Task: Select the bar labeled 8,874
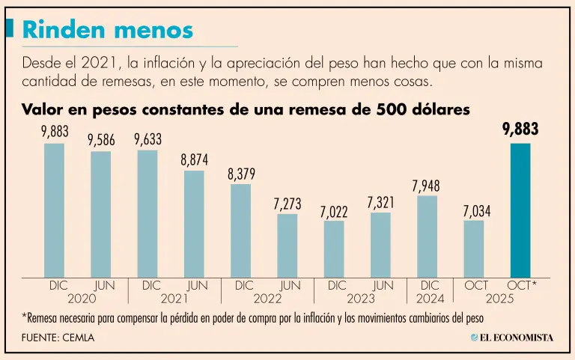pyautogui.click(x=194, y=224)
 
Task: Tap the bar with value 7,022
pyautogui.click(x=334, y=248)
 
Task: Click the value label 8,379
pyautogui.click(x=242, y=174)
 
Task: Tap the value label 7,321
pyautogui.click(x=380, y=203)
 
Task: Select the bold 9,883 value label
pyautogui.click(x=520, y=130)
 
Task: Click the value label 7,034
pyautogui.click(x=476, y=211)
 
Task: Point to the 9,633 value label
pyautogui.click(x=147, y=139)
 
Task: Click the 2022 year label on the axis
pyautogui.click(x=267, y=298)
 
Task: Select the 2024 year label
pyautogui.click(x=430, y=298)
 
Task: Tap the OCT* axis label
pyautogui.click(x=522, y=285)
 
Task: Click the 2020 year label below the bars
pyautogui.click(x=82, y=298)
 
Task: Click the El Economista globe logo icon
pyautogui.click(x=474, y=338)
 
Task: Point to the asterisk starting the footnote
pyautogui.click(x=25, y=317)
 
